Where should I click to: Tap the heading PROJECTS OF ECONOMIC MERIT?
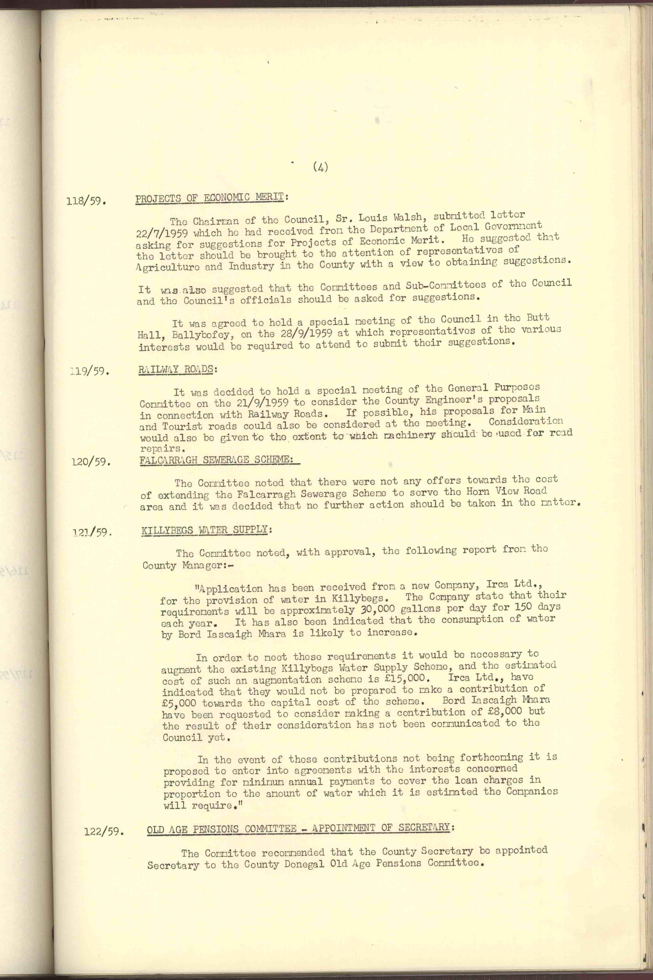coord(209,198)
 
